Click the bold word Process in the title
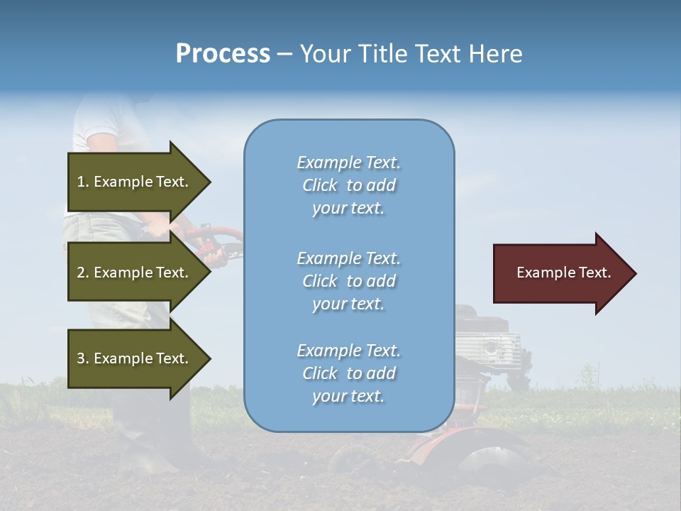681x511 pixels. pos(223,54)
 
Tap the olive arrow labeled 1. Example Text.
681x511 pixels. pos(135,182)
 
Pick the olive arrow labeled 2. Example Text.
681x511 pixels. pos(135,273)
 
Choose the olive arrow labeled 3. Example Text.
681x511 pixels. pos(135,358)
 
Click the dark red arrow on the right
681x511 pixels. pos(560,273)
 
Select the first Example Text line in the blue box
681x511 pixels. pos(348,163)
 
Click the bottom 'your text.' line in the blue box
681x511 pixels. pos(348,396)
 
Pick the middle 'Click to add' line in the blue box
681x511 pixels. pos(348,281)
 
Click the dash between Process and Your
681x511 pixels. pos(284,54)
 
